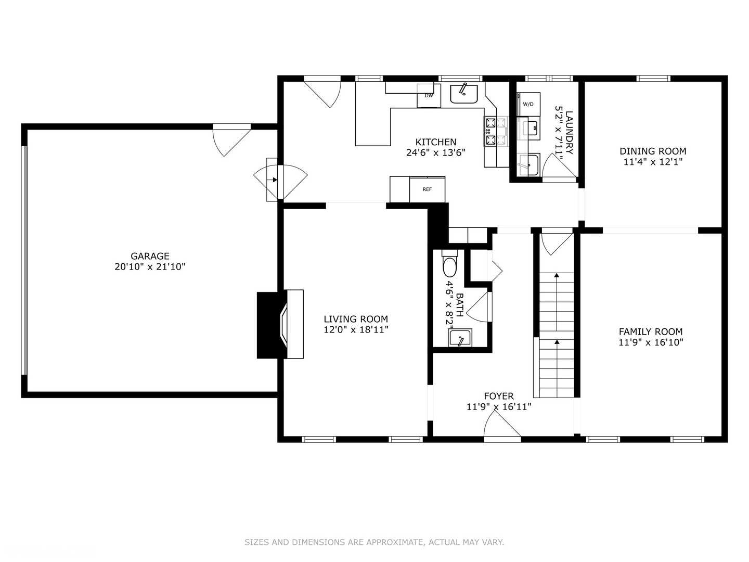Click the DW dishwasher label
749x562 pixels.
coord(429,96)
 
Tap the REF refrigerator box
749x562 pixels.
coord(427,189)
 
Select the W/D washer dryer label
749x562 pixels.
coord(528,105)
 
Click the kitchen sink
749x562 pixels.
coord(464,94)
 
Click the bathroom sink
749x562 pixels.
coord(460,338)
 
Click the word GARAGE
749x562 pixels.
coord(150,256)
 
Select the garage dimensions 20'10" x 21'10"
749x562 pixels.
coord(150,266)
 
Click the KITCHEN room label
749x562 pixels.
coord(436,142)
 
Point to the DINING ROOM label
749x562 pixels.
coord(653,151)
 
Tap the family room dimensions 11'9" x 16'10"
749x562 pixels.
coord(651,342)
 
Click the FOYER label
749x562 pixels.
coord(498,396)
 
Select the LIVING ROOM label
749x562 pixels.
coord(356,319)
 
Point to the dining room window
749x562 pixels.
coord(653,79)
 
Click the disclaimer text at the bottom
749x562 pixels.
coord(374,542)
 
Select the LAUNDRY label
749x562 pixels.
coord(569,132)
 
